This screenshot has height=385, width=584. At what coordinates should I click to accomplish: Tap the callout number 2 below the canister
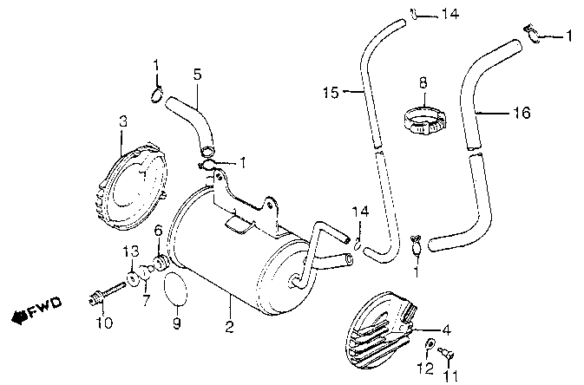pyautogui.click(x=230, y=327)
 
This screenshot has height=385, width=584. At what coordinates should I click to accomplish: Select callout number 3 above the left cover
pyautogui.click(x=122, y=121)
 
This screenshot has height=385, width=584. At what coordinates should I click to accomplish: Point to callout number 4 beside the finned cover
pyautogui.click(x=447, y=330)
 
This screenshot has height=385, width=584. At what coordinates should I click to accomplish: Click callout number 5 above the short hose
pyautogui.click(x=197, y=75)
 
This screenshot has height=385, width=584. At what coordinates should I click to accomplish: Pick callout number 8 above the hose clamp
pyautogui.click(x=423, y=83)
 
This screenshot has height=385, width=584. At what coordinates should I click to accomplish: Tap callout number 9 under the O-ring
pyautogui.click(x=176, y=325)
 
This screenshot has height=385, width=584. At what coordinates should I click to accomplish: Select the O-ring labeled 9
pyautogui.click(x=175, y=289)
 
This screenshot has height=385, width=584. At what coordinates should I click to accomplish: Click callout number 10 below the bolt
pyautogui.click(x=103, y=323)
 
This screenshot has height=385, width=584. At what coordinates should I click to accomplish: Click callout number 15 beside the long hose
pyautogui.click(x=331, y=92)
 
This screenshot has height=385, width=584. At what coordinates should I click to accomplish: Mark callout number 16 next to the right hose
pyautogui.click(x=520, y=113)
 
